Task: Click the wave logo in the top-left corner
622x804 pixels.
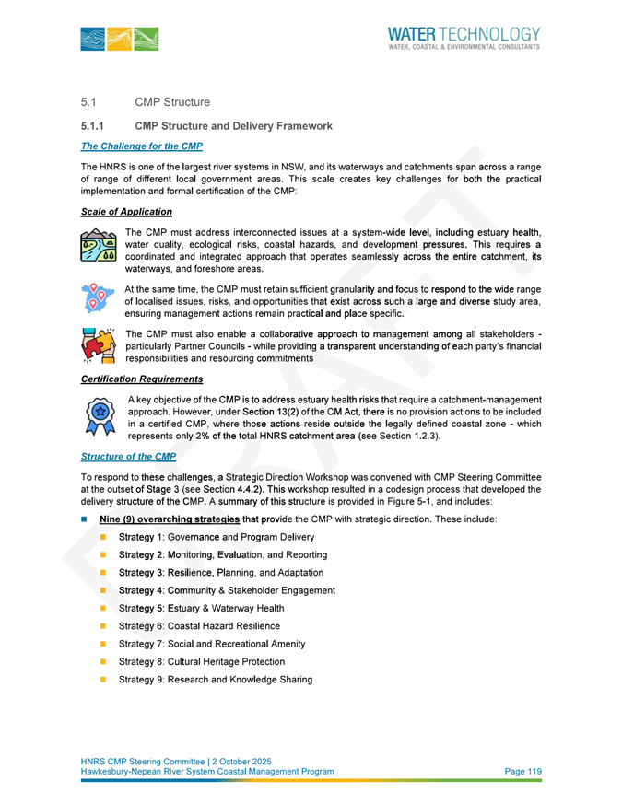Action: tap(119, 39)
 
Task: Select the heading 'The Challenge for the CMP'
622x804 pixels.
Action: tap(141, 147)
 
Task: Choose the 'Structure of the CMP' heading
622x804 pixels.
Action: tap(127, 456)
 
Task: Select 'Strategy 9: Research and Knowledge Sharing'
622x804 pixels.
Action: tap(216, 680)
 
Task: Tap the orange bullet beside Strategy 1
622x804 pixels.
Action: tap(103, 537)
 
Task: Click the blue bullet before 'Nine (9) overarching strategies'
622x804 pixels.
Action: tap(86, 520)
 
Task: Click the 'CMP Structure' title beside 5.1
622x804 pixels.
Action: tap(172, 101)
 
